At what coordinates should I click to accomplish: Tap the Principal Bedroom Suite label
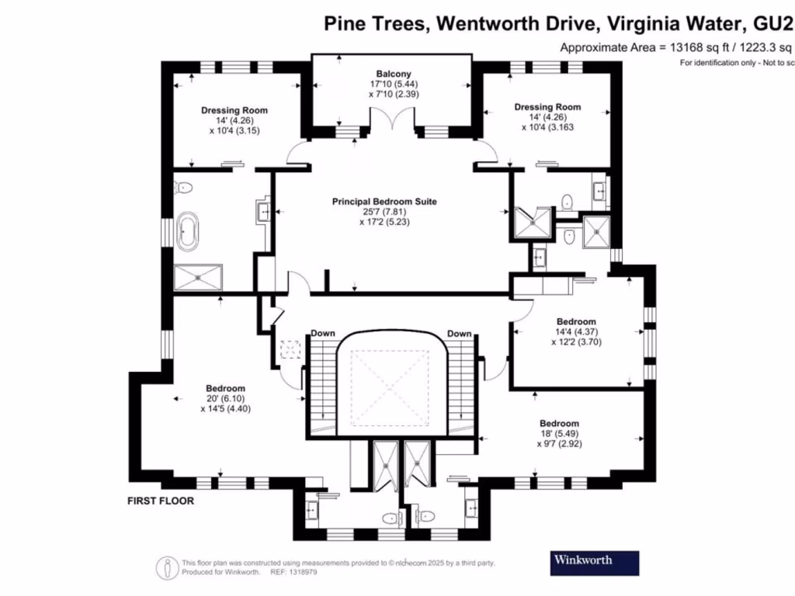click(x=384, y=202)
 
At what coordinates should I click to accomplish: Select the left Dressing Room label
click(x=234, y=110)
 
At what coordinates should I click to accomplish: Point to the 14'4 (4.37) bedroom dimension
click(x=576, y=331)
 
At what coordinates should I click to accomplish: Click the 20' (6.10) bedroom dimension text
click(x=225, y=398)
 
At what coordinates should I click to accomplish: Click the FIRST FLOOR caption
click(x=161, y=501)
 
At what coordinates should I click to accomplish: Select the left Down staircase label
click(x=323, y=334)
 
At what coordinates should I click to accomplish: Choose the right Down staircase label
click(x=459, y=334)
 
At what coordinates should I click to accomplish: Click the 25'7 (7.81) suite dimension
click(x=384, y=211)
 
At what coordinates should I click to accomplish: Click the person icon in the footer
click(x=167, y=567)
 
